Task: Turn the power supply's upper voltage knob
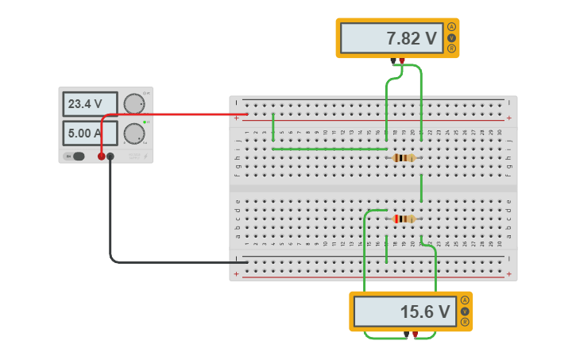click(133, 103)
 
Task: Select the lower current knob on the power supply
click(133, 133)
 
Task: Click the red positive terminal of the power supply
click(101, 157)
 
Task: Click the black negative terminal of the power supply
click(110, 157)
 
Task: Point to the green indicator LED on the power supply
click(145, 122)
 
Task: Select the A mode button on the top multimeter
click(452, 27)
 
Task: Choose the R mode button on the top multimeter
click(452, 48)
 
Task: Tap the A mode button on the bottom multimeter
click(465, 300)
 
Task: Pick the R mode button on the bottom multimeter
click(465, 322)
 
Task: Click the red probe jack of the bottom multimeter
click(415, 335)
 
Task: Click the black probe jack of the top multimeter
click(393, 61)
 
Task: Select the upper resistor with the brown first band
click(404, 157)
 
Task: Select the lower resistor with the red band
click(404, 219)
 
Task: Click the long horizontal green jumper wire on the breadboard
click(330, 149)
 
